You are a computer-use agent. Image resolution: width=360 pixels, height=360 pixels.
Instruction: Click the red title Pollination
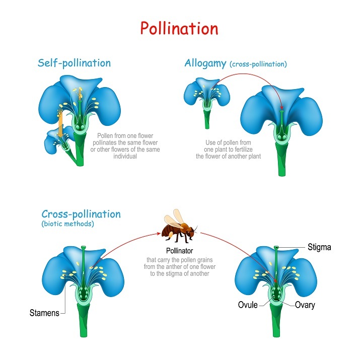[180, 28]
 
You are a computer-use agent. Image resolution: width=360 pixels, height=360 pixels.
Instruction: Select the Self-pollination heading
[74, 63]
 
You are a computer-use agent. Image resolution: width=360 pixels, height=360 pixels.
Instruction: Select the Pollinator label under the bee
[180, 251]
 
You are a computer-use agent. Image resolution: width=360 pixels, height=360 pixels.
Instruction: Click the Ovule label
[248, 305]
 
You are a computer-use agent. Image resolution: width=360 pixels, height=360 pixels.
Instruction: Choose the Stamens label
[44, 313]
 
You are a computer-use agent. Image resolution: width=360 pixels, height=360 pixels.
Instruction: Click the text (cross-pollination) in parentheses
[258, 64]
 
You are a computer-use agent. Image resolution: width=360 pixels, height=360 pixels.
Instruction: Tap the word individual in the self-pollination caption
[126, 157]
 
